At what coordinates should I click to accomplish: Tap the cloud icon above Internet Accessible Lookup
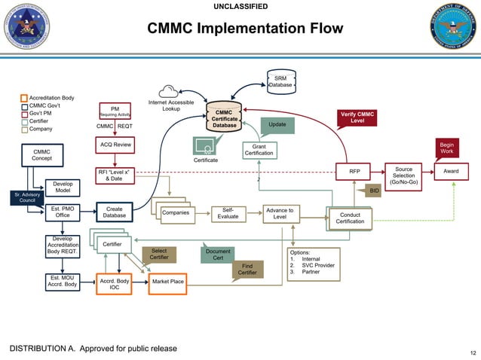(170, 91)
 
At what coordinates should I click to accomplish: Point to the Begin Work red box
(447, 147)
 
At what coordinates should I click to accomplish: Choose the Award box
(451, 172)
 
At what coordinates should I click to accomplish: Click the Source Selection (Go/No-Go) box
(403, 176)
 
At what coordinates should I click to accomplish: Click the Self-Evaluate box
(228, 213)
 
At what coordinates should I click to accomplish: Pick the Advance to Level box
(280, 213)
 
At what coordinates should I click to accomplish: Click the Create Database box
(115, 213)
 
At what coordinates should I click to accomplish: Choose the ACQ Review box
(115, 144)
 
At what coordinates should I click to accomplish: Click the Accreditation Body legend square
(24, 99)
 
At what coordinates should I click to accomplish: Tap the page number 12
(473, 352)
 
